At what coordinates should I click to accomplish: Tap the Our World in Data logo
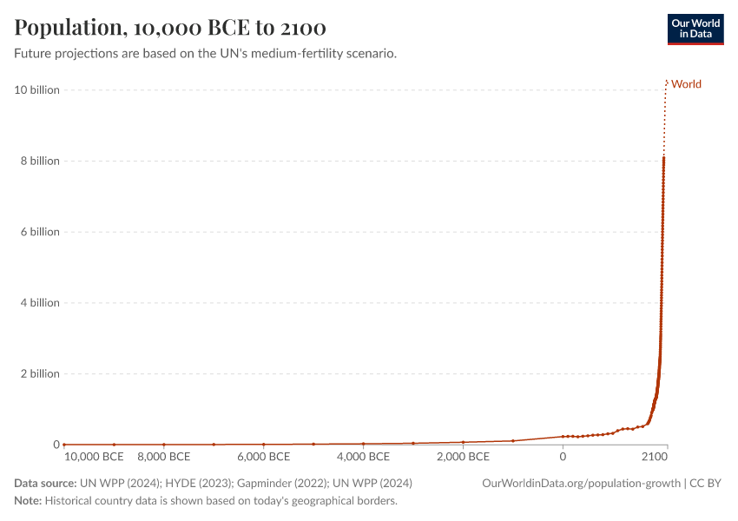[695, 29]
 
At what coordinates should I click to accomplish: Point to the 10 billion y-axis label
[36, 90]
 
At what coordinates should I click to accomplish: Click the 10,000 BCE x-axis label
[95, 457]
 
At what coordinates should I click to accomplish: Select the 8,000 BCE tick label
[163, 457]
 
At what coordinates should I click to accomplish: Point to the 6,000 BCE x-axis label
[263, 457]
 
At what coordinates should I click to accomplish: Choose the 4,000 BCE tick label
[363, 457]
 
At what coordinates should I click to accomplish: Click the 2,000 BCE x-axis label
[463, 457]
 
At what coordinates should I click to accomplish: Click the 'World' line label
[686, 84]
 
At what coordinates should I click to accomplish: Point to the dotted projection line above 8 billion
[664, 122]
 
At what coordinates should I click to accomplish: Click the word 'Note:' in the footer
[28, 501]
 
